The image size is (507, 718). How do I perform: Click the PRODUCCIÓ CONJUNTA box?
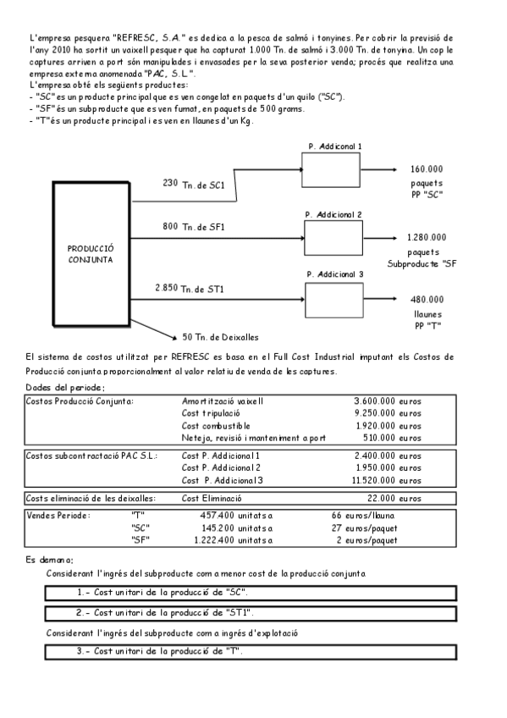(90, 255)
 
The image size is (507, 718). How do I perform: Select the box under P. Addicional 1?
(331, 170)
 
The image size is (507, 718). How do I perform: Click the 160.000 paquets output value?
(426, 168)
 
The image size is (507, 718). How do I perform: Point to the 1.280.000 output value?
(426, 237)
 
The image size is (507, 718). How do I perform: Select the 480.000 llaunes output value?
(427, 299)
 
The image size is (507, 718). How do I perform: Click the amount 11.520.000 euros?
(384, 480)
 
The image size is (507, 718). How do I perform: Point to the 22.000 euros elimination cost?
(394, 499)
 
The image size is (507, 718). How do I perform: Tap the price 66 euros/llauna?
(363, 515)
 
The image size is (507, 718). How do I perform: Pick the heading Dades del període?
(61, 387)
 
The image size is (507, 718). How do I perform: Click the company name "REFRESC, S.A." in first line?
(144, 39)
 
